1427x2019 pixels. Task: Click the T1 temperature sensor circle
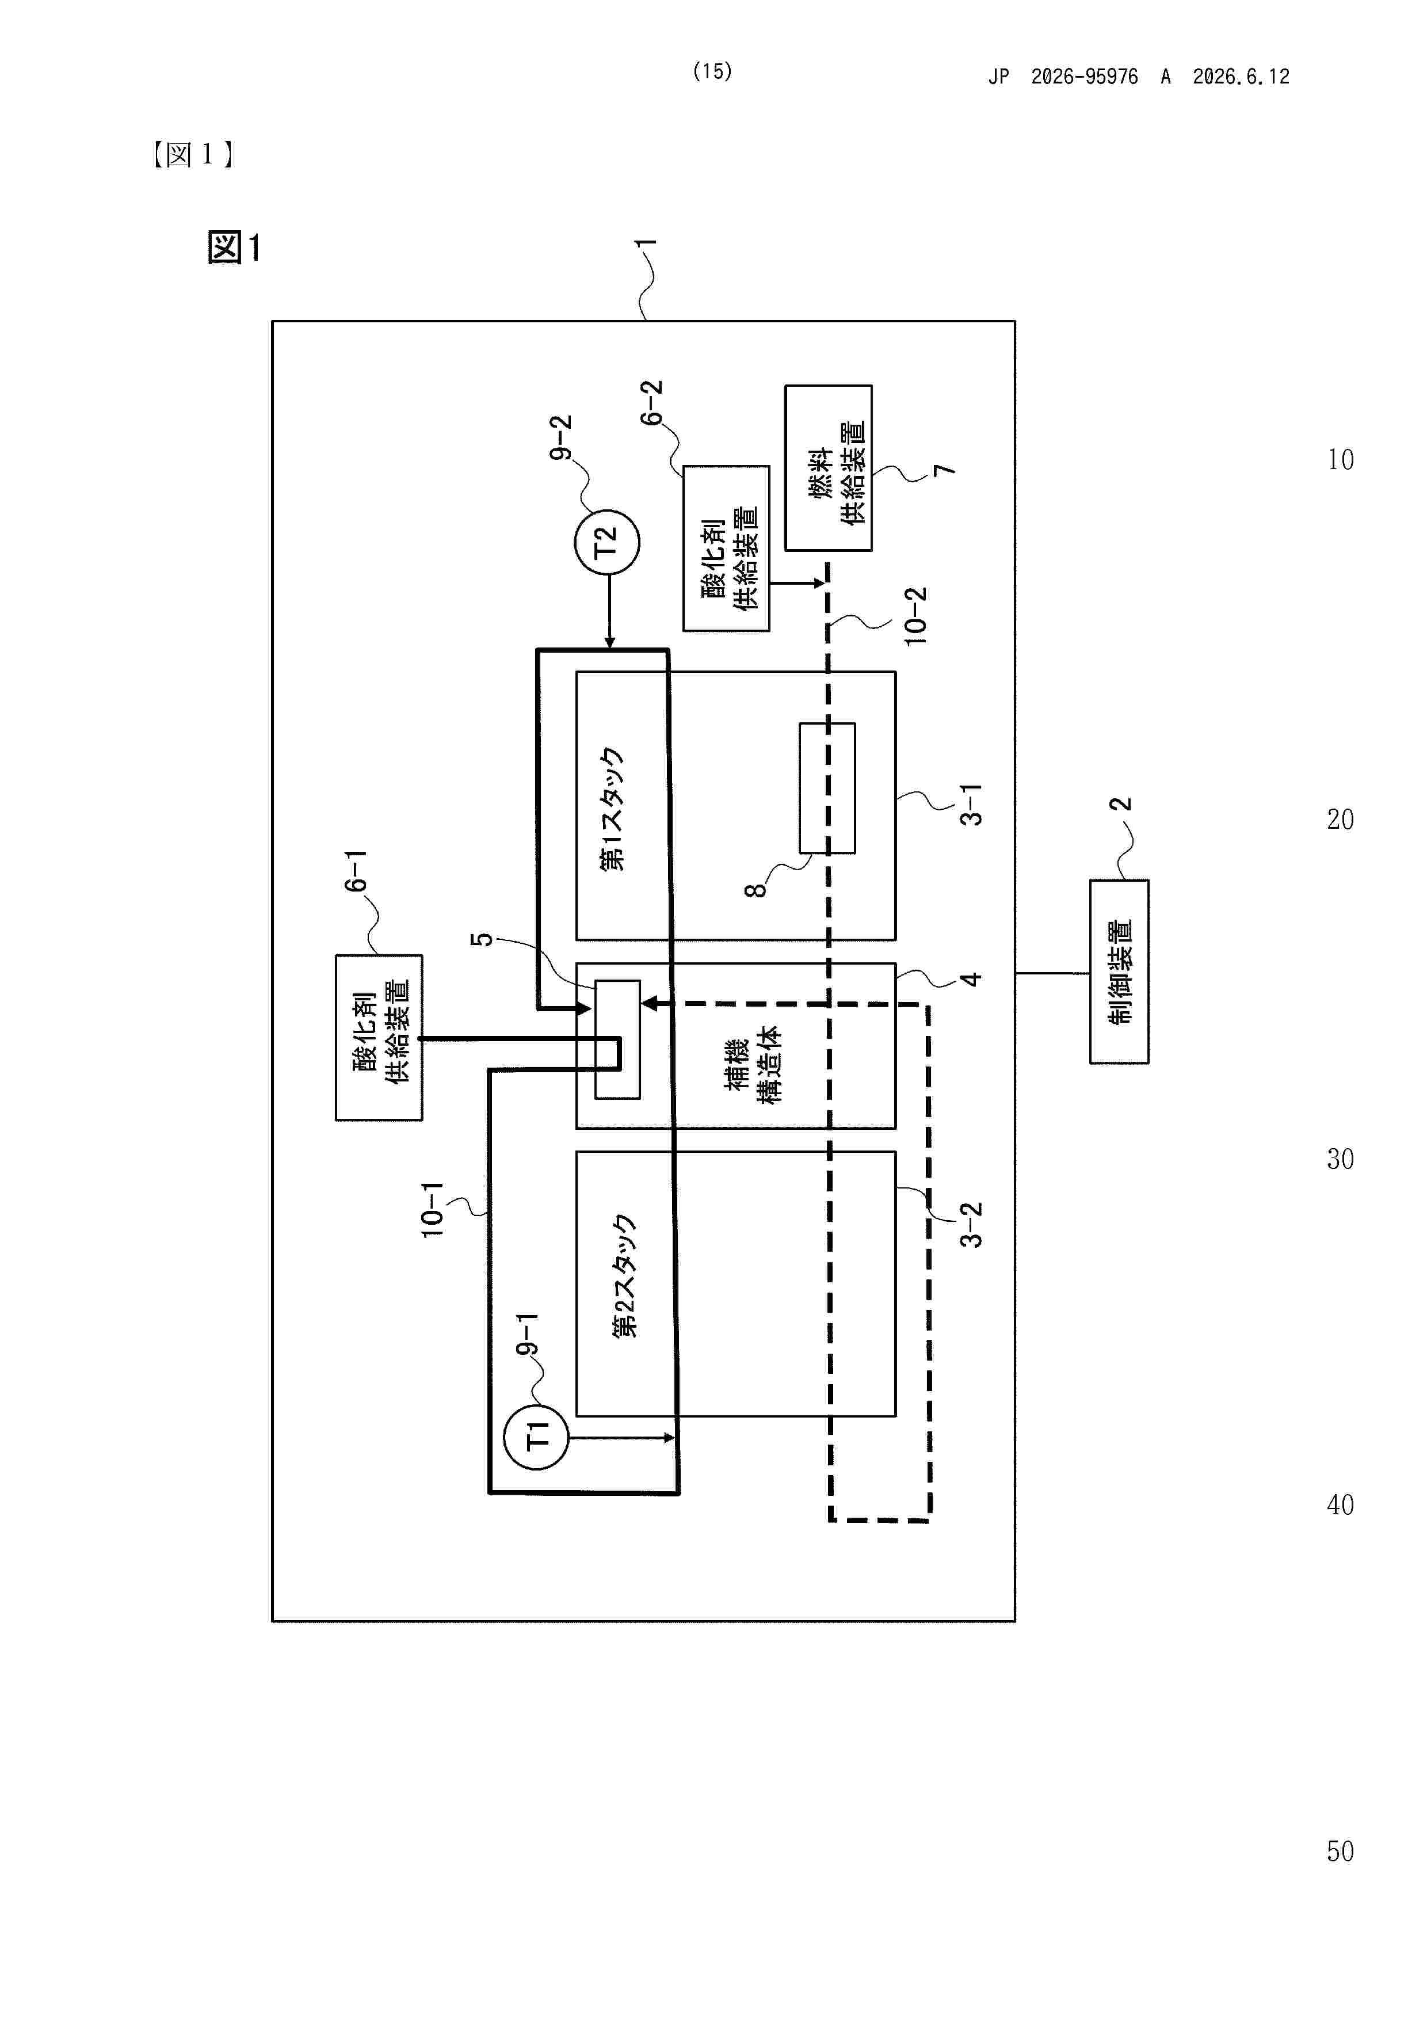(x=536, y=1438)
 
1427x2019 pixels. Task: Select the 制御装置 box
(x=1119, y=972)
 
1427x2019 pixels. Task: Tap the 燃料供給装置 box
(x=828, y=468)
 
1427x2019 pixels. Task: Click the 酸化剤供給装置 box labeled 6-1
(x=379, y=1038)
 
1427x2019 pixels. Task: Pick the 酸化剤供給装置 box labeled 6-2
(x=726, y=548)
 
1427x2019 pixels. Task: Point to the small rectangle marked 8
(x=827, y=788)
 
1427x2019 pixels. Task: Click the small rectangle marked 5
(x=617, y=1039)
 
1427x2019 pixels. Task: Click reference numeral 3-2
(x=971, y=1225)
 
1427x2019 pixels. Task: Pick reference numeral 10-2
(x=915, y=616)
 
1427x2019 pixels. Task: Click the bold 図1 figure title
(x=234, y=247)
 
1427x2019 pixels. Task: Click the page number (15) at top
(x=712, y=71)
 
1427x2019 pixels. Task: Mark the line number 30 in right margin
(x=1340, y=1159)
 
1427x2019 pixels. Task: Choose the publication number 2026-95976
(x=1084, y=77)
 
